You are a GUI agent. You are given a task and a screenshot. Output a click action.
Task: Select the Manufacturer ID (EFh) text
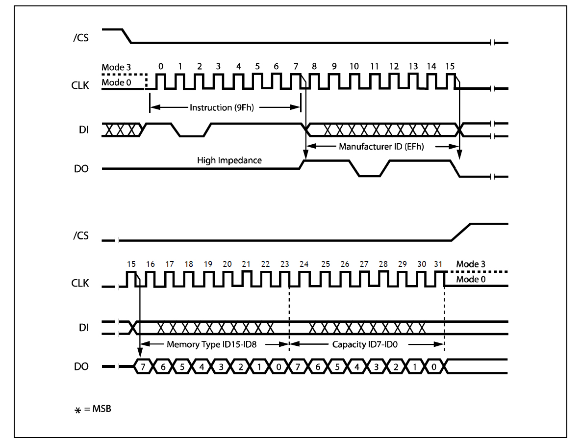[x=381, y=146]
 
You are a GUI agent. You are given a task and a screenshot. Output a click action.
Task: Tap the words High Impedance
[x=229, y=160]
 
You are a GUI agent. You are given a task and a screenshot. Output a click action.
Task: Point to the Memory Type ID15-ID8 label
[x=212, y=344]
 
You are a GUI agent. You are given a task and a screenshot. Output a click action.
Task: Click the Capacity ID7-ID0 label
[x=364, y=344]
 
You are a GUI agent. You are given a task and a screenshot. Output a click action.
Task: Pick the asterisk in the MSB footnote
[x=77, y=409]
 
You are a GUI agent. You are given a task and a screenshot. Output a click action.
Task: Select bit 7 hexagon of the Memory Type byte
[x=143, y=366]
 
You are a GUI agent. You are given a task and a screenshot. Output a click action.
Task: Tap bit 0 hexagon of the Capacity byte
[x=434, y=366]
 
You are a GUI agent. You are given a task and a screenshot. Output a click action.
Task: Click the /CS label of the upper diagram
[x=80, y=37]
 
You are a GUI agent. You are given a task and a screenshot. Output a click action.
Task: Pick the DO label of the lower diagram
[x=81, y=366]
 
